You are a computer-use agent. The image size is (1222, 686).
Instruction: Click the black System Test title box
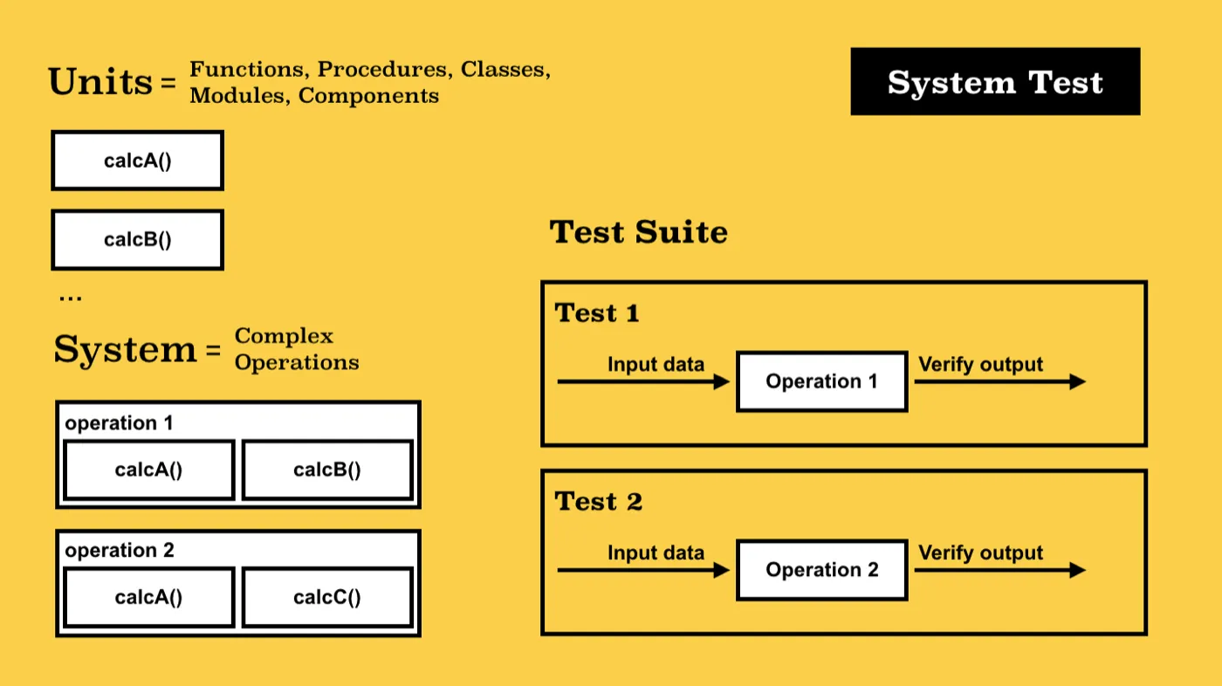[995, 81]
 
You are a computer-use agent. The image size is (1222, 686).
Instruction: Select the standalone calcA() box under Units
[138, 161]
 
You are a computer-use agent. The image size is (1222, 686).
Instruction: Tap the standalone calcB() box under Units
[138, 239]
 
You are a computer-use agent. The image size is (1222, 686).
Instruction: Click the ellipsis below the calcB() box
[71, 298]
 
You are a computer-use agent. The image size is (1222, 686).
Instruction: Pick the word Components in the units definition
[368, 95]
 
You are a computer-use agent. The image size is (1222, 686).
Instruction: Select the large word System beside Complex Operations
[125, 349]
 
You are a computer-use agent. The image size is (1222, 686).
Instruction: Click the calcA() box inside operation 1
[149, 470]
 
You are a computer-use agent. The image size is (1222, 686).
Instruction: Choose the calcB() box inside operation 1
[327, 470]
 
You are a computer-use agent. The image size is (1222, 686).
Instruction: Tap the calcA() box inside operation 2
[149, 597]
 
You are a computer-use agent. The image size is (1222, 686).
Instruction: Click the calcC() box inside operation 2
[327, 597]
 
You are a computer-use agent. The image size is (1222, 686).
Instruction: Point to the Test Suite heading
[638, 232]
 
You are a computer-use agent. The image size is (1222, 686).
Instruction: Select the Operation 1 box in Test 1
[822, 381]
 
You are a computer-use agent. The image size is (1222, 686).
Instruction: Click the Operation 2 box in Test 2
[822, 570]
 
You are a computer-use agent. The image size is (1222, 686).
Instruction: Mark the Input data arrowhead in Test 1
[722, 381]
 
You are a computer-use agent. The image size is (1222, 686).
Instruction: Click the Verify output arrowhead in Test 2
[1077, 570]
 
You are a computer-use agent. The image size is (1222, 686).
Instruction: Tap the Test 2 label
[599, 501]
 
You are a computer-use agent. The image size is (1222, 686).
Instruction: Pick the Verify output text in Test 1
[980, 364]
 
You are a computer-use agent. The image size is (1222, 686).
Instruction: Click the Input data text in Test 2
[656, 553]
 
